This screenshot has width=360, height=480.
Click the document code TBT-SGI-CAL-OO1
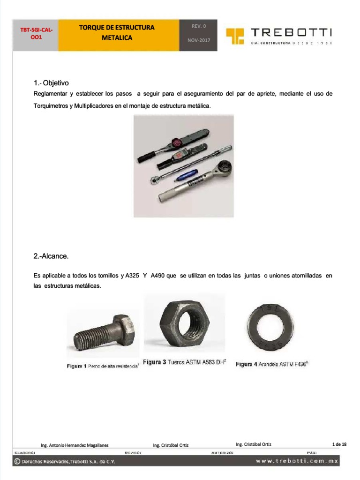coord(36,33)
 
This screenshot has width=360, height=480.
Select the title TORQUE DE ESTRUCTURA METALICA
coord(117,32)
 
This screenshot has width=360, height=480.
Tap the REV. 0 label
coord(199,26)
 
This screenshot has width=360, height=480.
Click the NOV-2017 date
coord(199,40)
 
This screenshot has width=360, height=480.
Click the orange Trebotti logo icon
coord(235,36)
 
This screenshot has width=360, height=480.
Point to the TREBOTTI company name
coord(291,32)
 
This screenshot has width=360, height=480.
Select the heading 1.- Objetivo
coord(54,83)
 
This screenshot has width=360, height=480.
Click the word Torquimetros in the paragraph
coord(51,106)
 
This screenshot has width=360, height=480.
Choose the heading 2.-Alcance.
coord(51,256)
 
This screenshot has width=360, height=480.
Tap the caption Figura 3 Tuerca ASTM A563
coord(185,362)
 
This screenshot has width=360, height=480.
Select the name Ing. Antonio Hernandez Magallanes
coord(75,445)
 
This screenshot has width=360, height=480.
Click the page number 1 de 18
coord(339,444)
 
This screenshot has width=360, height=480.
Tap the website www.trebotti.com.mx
coord(297,461)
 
